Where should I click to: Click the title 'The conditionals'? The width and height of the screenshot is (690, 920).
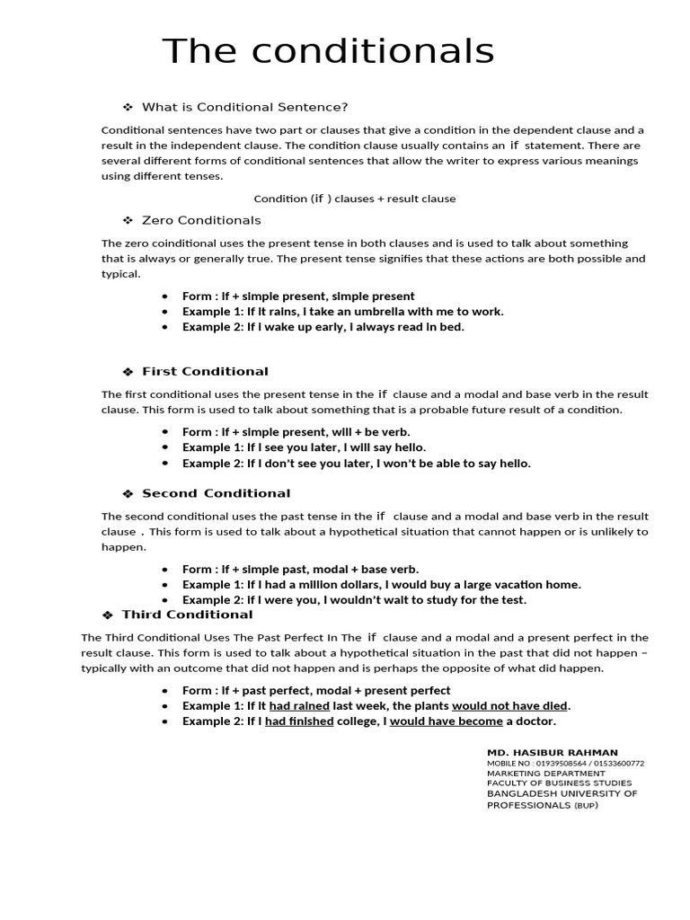[x=328, y=51]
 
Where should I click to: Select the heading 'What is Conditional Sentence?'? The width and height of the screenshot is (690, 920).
[x=244, y=107]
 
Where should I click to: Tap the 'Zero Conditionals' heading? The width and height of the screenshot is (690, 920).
[x=201, y=220]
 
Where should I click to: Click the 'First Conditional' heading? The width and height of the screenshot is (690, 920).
[x=205, y=371]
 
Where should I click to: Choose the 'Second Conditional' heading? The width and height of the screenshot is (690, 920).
[x=216, y=493]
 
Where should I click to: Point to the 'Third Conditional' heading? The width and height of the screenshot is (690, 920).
[x=187, y=615]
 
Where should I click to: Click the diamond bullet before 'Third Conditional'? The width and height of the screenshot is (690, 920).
[x=107, y=615]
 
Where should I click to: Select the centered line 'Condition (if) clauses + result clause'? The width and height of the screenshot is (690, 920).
[x=354, y=199]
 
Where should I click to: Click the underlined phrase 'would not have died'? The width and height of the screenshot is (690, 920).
[x=509, y=706]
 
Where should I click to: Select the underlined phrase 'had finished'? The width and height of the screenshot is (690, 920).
[x=299, y=721]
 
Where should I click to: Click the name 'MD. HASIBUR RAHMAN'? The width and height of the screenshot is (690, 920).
[x=552, y=752]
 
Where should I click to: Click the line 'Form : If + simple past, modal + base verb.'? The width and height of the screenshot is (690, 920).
[x=300, y=569]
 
